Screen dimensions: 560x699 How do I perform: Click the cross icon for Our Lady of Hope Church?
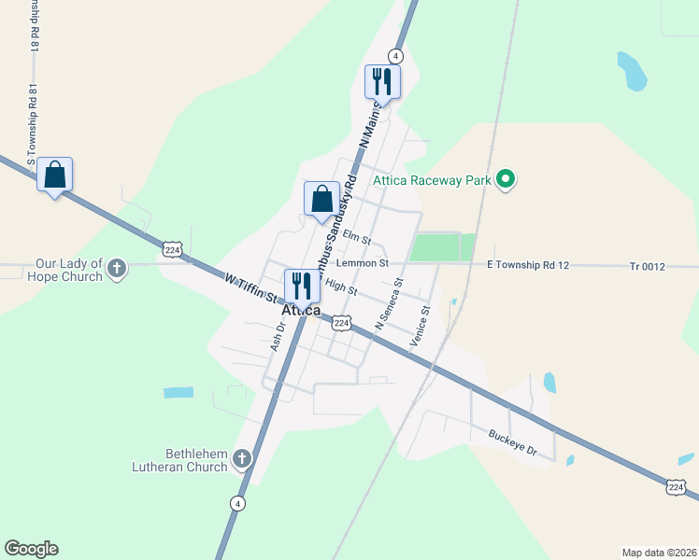(117, 270)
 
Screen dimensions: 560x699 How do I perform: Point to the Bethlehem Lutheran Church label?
(182, 460)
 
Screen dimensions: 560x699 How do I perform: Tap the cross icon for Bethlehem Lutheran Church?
(242, 458)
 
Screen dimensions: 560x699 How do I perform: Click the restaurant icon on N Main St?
(382, 81)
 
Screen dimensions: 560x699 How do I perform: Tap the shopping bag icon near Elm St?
(321, 199)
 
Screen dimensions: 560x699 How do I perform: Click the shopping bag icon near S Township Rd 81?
(55, 175)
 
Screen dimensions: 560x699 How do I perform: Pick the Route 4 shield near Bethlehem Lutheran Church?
(238, 503)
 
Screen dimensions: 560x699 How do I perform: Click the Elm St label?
(357, 235)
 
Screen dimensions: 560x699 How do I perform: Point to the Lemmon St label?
(363, 264)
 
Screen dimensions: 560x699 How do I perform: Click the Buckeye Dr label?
(513, 441)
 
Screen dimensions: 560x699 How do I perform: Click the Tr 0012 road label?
(647, 267)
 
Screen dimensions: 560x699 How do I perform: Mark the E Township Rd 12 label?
(528, 265)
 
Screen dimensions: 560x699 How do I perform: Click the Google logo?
(31, 549)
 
